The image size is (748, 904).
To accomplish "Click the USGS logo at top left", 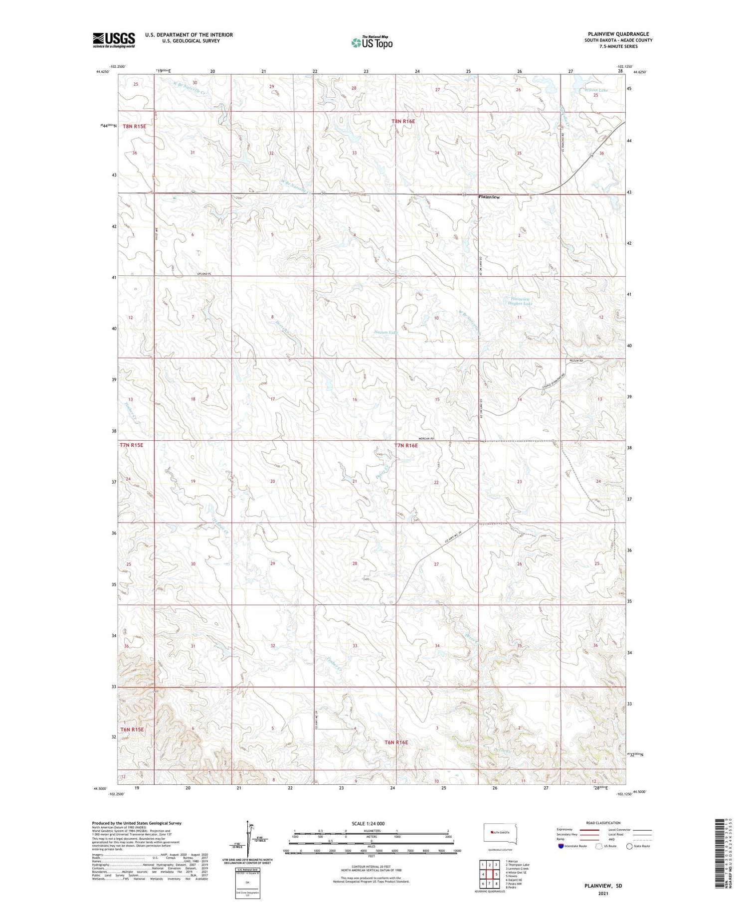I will coord(114,40).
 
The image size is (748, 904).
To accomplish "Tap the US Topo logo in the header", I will coord(372,42).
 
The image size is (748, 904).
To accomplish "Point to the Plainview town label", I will coord(489,197).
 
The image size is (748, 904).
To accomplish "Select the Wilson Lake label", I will coord(584,90).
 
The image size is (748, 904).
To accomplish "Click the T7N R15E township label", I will coord(131,445).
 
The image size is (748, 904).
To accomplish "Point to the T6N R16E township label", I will coord(396,742).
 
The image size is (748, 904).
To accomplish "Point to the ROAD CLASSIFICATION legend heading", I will coord(603,823).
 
